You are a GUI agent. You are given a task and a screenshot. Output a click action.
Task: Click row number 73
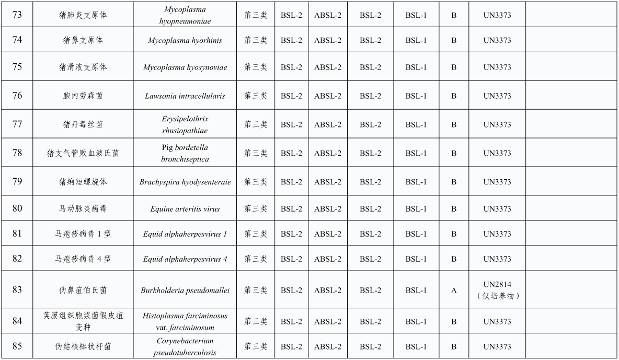coord(17,15)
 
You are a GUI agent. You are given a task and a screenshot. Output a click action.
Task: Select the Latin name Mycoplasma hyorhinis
coord(185,40)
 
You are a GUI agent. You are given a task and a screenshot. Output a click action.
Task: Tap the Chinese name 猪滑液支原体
coord(83,67)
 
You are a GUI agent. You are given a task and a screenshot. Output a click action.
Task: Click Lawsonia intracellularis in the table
coord(185,96)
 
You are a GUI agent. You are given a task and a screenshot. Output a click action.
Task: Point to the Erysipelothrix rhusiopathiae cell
coord(185,125)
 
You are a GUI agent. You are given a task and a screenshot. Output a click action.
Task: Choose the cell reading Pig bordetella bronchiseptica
coord(185,153)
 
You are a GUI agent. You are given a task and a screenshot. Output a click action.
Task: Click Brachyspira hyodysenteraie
coord(185,182)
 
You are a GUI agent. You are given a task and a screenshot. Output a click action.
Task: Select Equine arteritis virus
coord(185,209)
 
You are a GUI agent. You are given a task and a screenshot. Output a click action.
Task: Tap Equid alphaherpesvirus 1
coord(185,234)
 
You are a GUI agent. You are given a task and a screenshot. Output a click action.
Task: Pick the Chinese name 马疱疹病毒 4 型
coord(83,259)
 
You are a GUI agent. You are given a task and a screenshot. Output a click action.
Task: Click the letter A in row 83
coord(454,291)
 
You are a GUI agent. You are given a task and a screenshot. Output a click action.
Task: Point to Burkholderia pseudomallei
coord(185,291)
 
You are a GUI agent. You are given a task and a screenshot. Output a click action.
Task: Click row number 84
coord(17,321)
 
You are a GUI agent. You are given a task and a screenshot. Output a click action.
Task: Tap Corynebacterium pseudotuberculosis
coord(185,347)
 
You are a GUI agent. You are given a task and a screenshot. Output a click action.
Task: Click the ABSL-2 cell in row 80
coord(328,209)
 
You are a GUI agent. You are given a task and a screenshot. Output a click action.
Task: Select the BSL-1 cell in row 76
coord(416,96)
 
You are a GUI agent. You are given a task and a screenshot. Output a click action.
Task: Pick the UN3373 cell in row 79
coord(497,182)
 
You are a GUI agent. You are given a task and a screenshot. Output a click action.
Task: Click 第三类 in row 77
coord(256,125)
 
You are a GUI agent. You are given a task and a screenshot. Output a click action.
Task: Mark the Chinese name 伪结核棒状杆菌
coord(83,347)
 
